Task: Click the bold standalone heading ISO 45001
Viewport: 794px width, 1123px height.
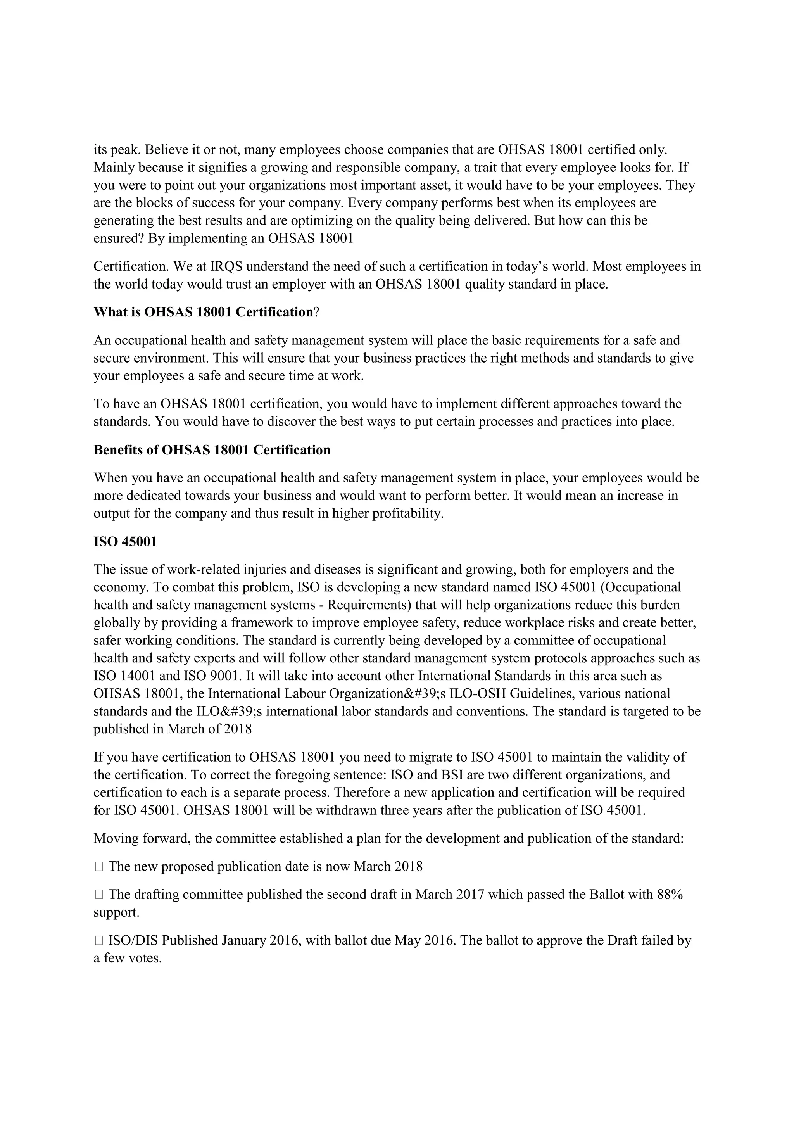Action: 125,542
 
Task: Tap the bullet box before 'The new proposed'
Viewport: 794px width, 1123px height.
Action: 99,867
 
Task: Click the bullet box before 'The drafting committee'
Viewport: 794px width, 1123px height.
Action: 99,895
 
